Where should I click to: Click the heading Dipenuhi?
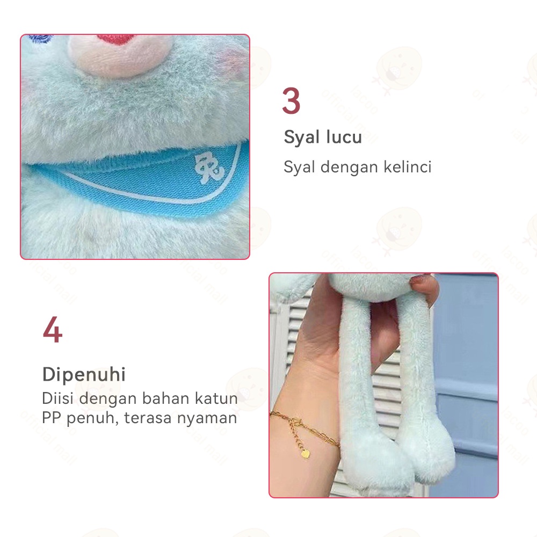84,374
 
